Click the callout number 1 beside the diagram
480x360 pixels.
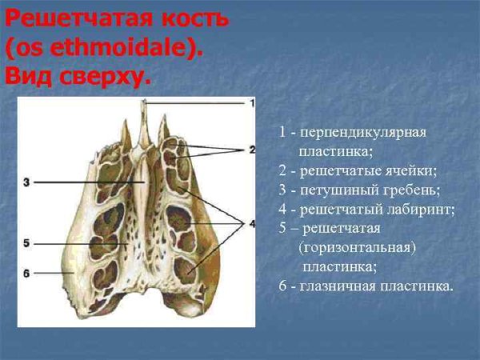[x=252, y=102]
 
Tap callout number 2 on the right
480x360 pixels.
[x=251, y=150]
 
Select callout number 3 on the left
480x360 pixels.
[x=26, y=182]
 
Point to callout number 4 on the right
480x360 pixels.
[x=251, y=224]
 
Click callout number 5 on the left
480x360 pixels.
[x=26, y=242]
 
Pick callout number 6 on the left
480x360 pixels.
[x=26, y=274]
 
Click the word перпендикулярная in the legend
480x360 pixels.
[x=364, y=131]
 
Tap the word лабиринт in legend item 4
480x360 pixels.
[x=423, y=210]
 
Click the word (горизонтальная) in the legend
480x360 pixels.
[x=357, y=248]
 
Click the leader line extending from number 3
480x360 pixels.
[x=88, y=182]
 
